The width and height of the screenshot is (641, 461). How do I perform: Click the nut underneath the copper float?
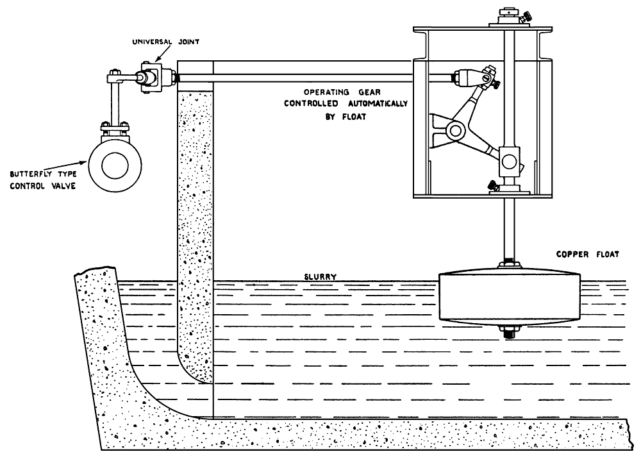click(510, 332)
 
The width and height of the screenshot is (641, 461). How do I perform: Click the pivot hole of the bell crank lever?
click(456, 131)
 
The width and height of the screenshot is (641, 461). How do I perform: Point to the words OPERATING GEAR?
click(333, 92)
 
